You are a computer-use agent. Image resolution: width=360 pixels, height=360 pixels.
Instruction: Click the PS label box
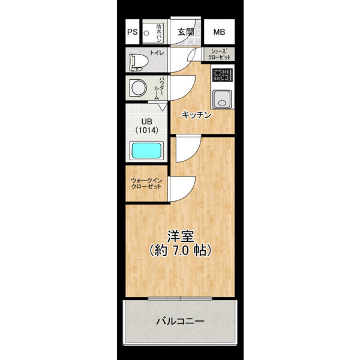click(133, 32)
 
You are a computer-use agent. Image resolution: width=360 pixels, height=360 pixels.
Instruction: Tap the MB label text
click(219, 32)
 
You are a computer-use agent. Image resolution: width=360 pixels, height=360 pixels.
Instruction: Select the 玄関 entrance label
click(185, 32)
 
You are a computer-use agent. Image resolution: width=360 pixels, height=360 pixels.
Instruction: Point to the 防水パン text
click(158, 33)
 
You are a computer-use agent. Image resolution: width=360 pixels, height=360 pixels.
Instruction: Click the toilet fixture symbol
click(138, 62)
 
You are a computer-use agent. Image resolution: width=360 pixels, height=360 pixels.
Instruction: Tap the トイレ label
click(157, 53)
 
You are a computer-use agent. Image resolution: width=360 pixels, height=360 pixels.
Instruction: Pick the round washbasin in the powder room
click(138, 88)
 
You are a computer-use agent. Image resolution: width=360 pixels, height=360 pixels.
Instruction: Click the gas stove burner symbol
click(222, 75)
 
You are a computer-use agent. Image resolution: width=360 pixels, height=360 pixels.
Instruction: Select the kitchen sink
click(222, 99)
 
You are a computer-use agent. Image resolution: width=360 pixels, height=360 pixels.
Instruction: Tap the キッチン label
click(196, 115)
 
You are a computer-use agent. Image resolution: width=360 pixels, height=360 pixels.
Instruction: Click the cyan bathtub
click(146, 151)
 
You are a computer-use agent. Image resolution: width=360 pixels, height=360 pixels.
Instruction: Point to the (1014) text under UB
click(147, 130)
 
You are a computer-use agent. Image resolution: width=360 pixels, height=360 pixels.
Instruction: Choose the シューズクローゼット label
click(219, 55)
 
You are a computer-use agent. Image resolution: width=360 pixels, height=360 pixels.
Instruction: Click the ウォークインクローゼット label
click(146, 184)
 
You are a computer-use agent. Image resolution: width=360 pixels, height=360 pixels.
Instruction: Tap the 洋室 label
click(181, 236)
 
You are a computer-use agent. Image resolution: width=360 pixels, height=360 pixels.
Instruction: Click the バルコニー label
click(180, 321)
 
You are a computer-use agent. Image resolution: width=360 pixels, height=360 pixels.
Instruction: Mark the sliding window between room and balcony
click(180, 298)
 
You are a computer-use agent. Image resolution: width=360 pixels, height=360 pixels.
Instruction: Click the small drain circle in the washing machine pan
click(146, 33)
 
